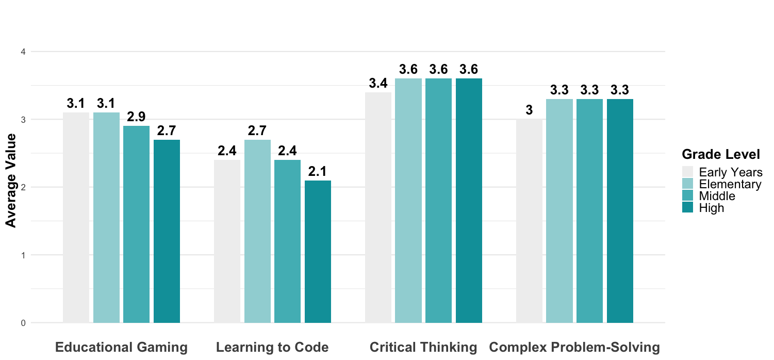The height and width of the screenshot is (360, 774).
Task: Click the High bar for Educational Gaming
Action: pos(167,231)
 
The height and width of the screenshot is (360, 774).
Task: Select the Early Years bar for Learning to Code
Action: pos(227,241)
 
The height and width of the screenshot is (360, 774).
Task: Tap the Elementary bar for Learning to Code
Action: pos(257,231)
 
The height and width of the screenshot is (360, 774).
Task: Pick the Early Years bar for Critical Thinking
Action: pos(378,207)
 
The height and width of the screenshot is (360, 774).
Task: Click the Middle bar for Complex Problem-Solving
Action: pos(589,210)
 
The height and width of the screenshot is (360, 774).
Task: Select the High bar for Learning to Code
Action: pos(318,252)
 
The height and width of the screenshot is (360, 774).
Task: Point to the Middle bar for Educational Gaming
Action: pos(136,224)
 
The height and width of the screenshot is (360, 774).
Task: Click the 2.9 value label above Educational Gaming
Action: pos(136,117)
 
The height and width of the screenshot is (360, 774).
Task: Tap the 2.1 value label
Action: pos(318,171)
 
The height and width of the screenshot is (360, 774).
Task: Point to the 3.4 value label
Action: pos(378,83)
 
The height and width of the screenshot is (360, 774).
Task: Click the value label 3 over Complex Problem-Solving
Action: pos(529,110)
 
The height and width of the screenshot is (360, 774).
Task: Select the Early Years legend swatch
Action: pos(688,172)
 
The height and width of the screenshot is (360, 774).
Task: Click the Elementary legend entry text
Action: pos(730,184)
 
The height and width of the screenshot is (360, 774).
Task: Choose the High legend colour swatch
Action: pos(688,208)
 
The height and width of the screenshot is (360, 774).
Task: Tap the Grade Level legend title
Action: pos(720,154)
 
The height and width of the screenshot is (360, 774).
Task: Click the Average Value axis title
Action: pos(11,180)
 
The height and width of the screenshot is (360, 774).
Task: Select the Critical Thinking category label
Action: pos(423,348)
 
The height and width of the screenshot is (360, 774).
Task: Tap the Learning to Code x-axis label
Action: pos(272,348)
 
